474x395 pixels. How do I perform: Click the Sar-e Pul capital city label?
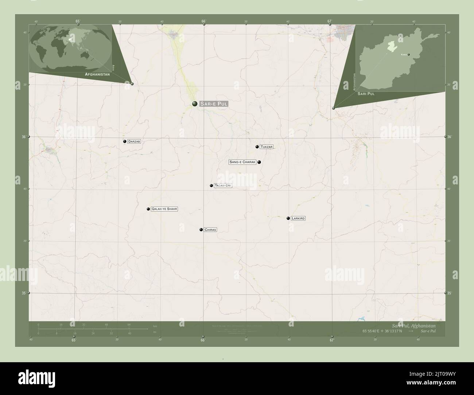[x=214, y=104]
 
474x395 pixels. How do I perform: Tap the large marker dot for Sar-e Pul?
[x=195, y=104]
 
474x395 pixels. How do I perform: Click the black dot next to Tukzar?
[x=257, y=147]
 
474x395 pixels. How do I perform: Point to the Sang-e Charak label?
[x=242, y=162]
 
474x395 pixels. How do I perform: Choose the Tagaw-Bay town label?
[x=223, y=185]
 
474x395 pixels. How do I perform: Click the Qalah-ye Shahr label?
[x=164, y=209]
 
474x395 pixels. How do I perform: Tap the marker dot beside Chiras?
[x=201, y=230]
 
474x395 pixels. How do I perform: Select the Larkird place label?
[x=298, y=218]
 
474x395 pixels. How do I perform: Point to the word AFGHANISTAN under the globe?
[x=97, y=74]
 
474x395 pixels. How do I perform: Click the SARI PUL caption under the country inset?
[x=366, y=94]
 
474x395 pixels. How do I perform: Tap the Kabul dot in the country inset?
[x=409, y=55]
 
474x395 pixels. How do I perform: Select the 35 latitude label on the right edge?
[x=450, y=293]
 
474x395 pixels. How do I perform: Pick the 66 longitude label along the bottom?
[x=203, y=340]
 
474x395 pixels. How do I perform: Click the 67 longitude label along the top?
[x=329, y=21]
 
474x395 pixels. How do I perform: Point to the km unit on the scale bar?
[x=155, y=326]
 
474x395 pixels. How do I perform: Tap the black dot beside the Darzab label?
[x=125, y=141]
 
